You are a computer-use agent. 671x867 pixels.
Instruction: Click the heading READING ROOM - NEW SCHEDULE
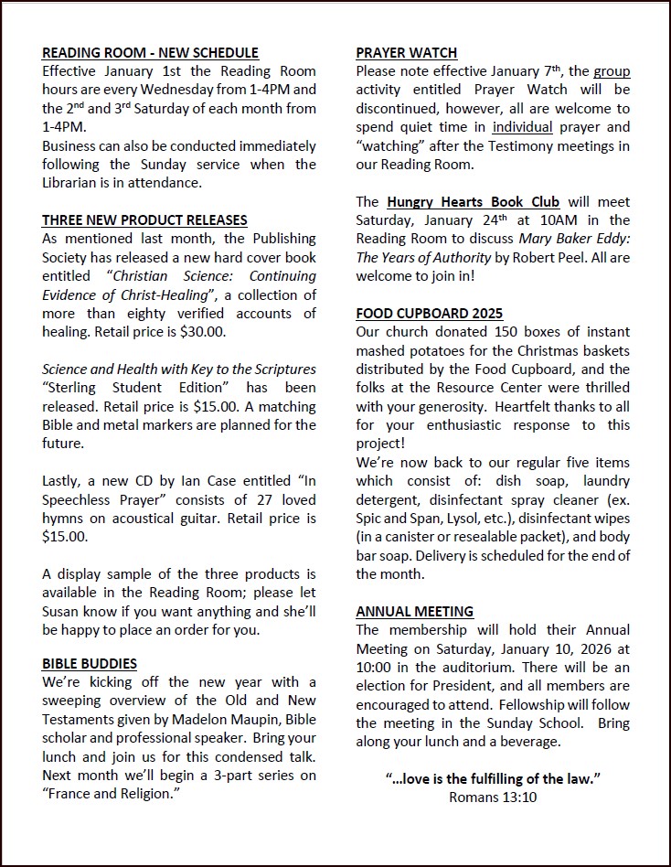coord(150,53)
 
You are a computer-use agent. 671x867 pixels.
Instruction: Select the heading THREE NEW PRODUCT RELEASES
coord(144,219)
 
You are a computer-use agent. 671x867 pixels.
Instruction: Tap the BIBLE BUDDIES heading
coord(90,663)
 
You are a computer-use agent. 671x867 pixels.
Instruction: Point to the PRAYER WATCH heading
coord(407,53)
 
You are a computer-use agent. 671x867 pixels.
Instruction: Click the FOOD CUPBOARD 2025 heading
coord(430,314)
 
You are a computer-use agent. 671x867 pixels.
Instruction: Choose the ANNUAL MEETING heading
coord(415,611)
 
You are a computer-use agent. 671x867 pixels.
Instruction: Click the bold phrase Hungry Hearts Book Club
coord(474,202)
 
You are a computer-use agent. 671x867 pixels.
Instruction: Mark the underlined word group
coord(612,71)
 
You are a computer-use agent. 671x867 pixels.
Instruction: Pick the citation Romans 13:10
coord(493,797)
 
